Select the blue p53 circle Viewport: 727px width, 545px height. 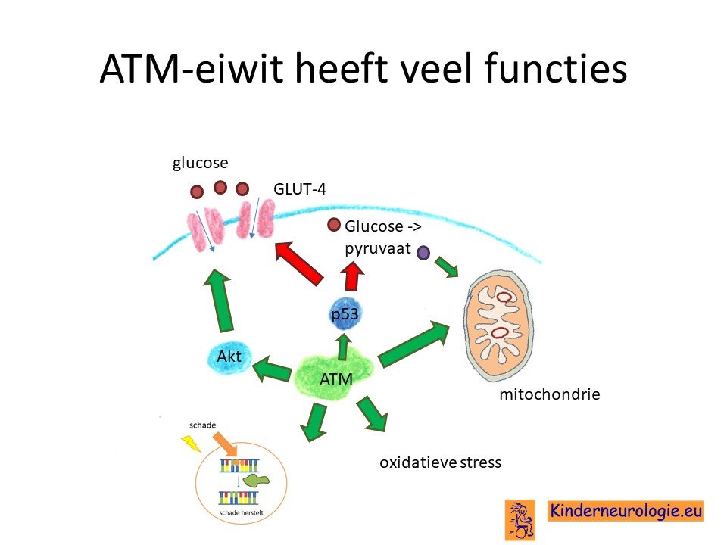(x=345, y=313)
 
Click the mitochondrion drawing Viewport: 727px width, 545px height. (x=498, y=325)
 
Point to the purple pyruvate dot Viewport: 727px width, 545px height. (x=423, y=253)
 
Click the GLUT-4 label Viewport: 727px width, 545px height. (x=300, y=189)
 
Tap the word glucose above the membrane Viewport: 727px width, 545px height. (x=200, y=163)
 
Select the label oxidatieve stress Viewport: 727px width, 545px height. (x=440, y=462)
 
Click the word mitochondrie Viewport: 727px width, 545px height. (x=550, y=394)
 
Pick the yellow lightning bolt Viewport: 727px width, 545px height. (x=191, y=443)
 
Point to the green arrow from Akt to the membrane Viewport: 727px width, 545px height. (x=220, y=301)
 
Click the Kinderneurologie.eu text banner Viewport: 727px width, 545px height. (x=626, y=511)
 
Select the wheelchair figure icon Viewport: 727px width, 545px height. (x=520, y=520)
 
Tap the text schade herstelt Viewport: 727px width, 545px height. (x=241, y=513)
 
